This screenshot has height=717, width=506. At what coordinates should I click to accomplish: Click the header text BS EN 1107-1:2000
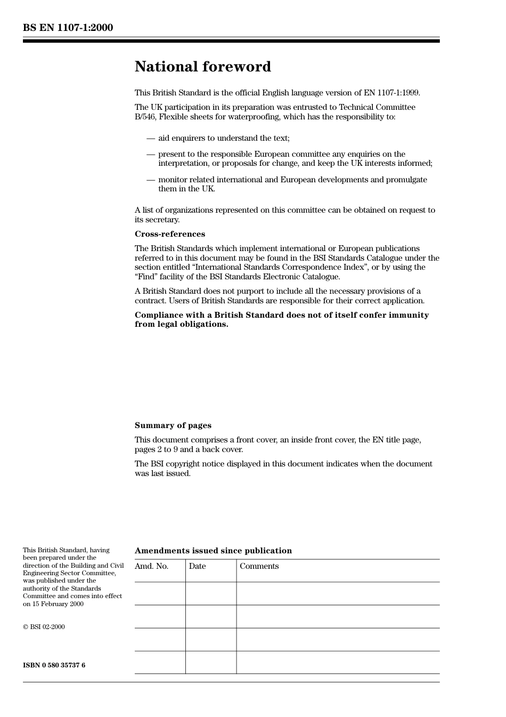68,28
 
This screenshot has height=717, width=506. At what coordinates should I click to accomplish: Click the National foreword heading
202,67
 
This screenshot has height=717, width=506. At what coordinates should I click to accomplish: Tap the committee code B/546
145,117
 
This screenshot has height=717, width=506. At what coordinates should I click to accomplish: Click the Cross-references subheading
169,234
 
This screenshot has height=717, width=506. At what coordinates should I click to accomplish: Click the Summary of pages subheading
173,425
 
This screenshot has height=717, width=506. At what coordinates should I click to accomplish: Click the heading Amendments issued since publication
213,551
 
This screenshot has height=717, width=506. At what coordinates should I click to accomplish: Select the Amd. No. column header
151,566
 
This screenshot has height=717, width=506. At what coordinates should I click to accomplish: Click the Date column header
197,566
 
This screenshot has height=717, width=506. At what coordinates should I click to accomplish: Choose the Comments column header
259,566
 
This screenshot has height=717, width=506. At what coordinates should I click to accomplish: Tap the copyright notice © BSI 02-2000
44,627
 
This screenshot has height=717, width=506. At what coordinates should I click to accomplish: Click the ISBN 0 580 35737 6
54,665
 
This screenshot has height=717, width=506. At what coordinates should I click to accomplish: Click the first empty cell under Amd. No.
160,593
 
